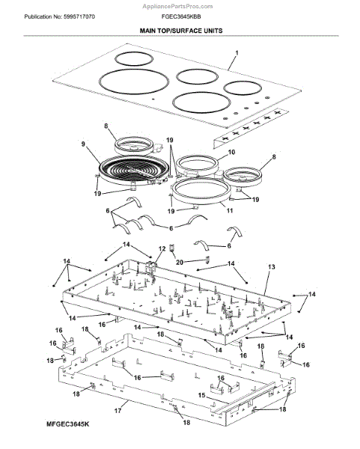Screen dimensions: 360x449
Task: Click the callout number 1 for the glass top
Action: [237, 53]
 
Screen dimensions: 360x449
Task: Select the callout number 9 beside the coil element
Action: [83, 144]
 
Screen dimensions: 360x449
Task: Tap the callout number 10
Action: [231, 152]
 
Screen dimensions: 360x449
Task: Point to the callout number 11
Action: [230, 210]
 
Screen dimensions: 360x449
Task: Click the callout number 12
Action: [162, 248]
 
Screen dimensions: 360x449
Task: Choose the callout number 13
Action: [272, 267]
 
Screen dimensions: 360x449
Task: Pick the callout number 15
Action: [202, 395]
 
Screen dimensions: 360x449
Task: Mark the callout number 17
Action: [118, 411]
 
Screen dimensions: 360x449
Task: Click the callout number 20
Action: [180, 262]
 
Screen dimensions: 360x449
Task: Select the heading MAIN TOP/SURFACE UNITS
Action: [181, 31]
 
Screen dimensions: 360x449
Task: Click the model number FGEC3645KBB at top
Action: [181, 16]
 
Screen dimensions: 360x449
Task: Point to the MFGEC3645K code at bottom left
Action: [67, 424]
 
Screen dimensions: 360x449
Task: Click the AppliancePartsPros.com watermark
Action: [177, 6]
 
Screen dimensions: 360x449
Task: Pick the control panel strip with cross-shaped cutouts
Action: [251, 128]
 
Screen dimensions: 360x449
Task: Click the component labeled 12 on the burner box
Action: [151, 265]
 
